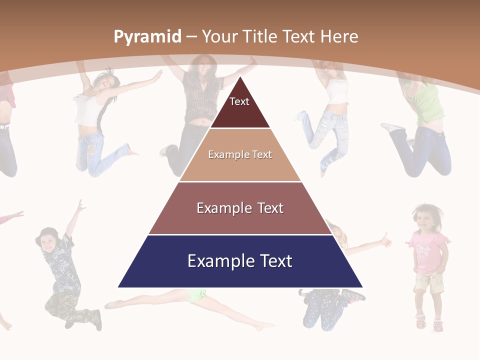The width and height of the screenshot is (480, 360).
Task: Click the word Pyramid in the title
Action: (147, 36)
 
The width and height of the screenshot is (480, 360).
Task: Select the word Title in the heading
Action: (260, 36)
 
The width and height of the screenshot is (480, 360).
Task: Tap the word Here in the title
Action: (339, 36)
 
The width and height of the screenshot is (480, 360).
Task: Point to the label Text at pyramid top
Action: (239, 101)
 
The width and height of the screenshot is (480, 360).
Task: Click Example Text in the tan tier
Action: (240, 154)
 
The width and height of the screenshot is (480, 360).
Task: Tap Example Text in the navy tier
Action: (240, 261)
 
